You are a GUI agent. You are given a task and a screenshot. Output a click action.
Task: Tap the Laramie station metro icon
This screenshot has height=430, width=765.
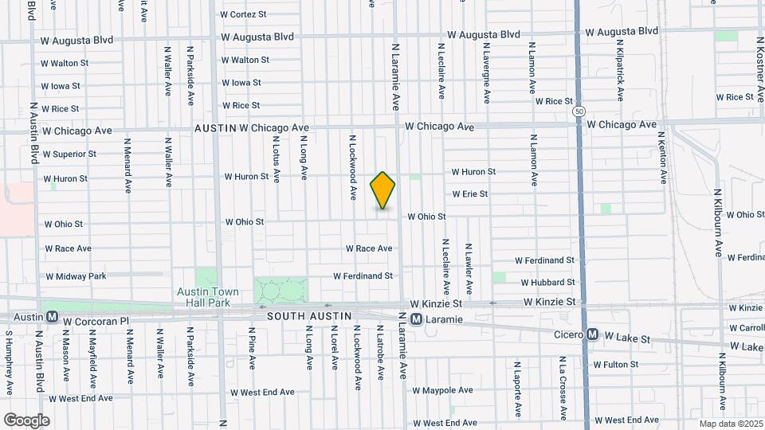coord(416,319)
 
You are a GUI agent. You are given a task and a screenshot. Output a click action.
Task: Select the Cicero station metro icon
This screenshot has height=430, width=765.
coord(591,335)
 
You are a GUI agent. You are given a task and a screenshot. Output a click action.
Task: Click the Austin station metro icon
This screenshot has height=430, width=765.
coord(52,316)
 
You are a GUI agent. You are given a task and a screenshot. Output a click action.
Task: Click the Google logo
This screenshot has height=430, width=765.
coord(26,420)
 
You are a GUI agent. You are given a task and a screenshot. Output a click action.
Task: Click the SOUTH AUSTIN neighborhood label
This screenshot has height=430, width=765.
coord(308,316)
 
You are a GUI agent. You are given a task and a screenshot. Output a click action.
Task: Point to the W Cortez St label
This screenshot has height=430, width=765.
coord(243,14)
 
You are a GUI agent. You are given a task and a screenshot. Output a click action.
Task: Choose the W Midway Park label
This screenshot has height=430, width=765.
coord(76,276)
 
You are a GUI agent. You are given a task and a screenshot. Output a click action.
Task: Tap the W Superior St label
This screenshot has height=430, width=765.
coord(69,154)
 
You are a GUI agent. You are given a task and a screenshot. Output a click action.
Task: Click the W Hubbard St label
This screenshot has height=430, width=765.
coord(547,282)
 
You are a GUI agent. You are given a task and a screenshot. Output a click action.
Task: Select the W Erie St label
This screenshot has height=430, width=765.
coord(469,193)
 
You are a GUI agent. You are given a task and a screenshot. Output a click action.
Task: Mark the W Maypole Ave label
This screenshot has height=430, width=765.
coord(442,390)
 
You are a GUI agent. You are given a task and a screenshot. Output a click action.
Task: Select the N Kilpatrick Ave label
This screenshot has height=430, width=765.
coord(620,68)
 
